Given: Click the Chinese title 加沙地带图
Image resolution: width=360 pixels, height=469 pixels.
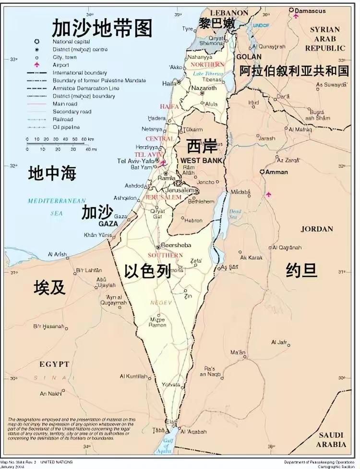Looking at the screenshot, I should click(102, 29).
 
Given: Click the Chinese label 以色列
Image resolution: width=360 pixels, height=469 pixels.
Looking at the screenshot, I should click(147, 272).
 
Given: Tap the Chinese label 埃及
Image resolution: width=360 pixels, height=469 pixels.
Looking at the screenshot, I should click(49, 287).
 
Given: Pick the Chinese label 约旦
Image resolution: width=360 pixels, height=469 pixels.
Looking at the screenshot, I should click(301, 270).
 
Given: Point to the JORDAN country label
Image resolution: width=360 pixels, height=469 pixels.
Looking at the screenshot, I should click(317, 229).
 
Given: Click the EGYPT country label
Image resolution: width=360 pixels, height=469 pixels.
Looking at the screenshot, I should click(54, 364).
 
